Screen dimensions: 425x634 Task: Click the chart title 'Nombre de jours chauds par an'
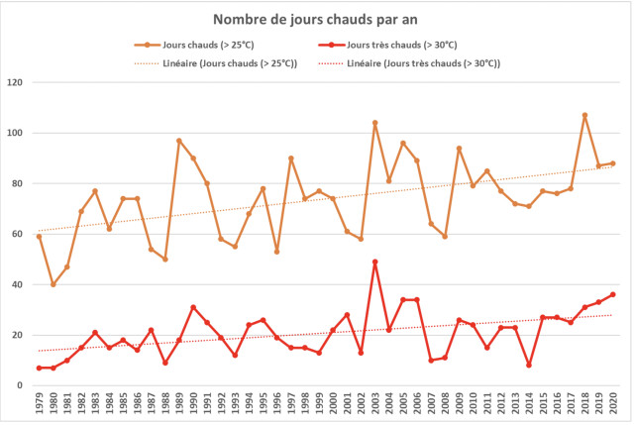click(x=316, y=20)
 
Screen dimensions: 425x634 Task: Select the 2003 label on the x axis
click(x=375, y=405)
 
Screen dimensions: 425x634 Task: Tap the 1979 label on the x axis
click(x=40, y=405)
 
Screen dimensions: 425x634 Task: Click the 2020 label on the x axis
click(x=613, y=405)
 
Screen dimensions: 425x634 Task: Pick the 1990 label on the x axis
click(x=193, y=405)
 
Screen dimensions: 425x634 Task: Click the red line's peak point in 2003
click(x=375, y=262)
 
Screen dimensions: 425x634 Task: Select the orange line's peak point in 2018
click(x=584, y=115)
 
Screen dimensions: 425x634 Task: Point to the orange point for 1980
click(x=53, y=284)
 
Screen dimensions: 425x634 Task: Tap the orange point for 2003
click(x=375, y=123)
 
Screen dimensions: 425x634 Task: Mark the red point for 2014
click(x=529, y=365)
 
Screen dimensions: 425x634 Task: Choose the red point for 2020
click(x=613, y=294)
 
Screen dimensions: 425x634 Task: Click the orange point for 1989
click(x=179, y=141)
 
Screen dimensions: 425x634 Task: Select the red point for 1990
click(x=193, y=307)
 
